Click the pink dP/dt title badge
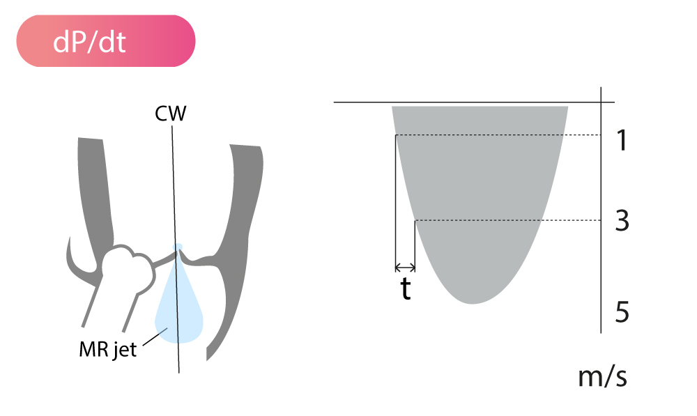(106, 41)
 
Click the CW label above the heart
(170, 114)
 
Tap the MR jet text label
(107, 350)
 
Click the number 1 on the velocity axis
(622, 141)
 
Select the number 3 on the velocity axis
(622, 220)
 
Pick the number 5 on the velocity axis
(622, 311)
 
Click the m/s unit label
(602, 376)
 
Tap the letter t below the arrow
(406, 289)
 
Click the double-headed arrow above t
(405, 268)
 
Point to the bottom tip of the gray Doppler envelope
(473, 304)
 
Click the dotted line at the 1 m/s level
(498, 134)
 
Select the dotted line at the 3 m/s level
(507, 220)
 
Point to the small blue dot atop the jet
(178, 247)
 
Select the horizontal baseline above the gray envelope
(474, 102)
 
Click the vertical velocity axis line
(601, 210)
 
